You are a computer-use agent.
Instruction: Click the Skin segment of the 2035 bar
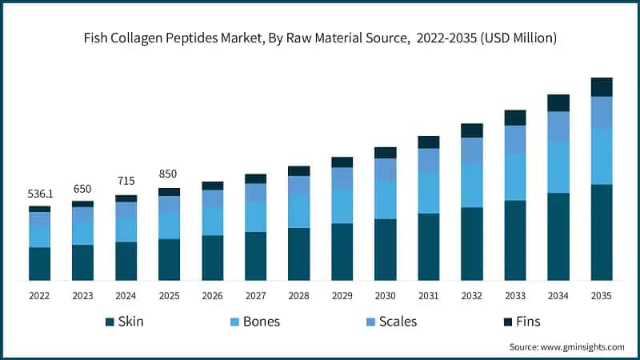[601, 232]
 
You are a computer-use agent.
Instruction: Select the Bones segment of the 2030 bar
[385, 199]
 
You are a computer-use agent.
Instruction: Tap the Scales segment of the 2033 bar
[514, 139]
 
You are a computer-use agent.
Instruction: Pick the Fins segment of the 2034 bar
[558, 102]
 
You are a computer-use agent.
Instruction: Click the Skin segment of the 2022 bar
[39, 264]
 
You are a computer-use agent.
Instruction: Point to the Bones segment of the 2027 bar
[255, 216]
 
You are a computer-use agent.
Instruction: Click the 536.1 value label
[39, 193]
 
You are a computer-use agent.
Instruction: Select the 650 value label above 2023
[82, 188]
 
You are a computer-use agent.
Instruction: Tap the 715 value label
[126, 182]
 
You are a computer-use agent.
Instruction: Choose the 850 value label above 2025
[169, 174]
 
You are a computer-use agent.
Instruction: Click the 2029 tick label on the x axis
[342, 296]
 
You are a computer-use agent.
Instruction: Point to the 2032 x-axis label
[471, 296]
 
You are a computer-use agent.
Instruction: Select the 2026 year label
[212, 296]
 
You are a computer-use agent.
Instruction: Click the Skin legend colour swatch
[110, 322]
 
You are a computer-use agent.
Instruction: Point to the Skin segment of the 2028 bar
[298, 254]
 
